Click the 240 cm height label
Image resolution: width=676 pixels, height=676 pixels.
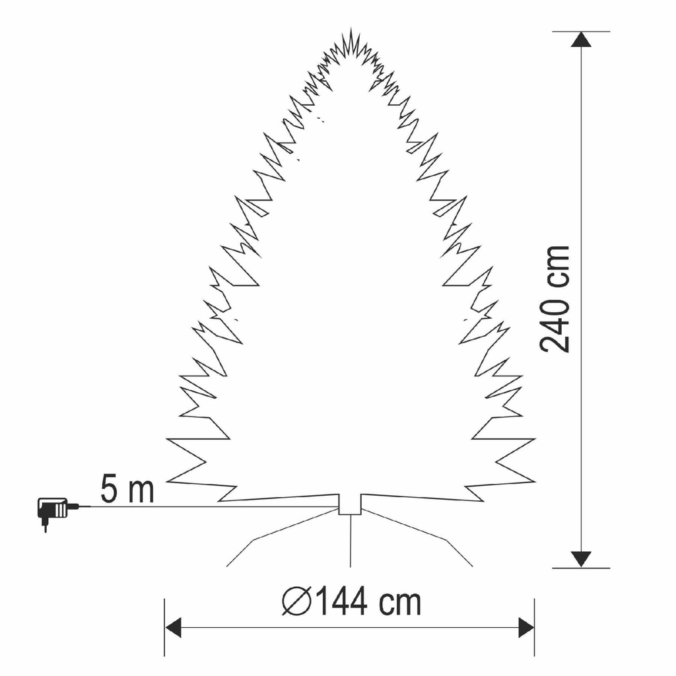[556, 299]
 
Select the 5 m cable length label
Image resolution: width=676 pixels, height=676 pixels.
[127, 489]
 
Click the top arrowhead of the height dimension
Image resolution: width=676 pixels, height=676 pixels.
[581, 40]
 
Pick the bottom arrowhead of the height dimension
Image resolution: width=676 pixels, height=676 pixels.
[581, 559]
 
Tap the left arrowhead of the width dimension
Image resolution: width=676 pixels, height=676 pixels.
[173, 627]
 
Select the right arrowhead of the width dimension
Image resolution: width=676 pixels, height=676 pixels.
[526, 627]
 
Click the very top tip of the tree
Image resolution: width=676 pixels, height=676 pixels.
[351, 28]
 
